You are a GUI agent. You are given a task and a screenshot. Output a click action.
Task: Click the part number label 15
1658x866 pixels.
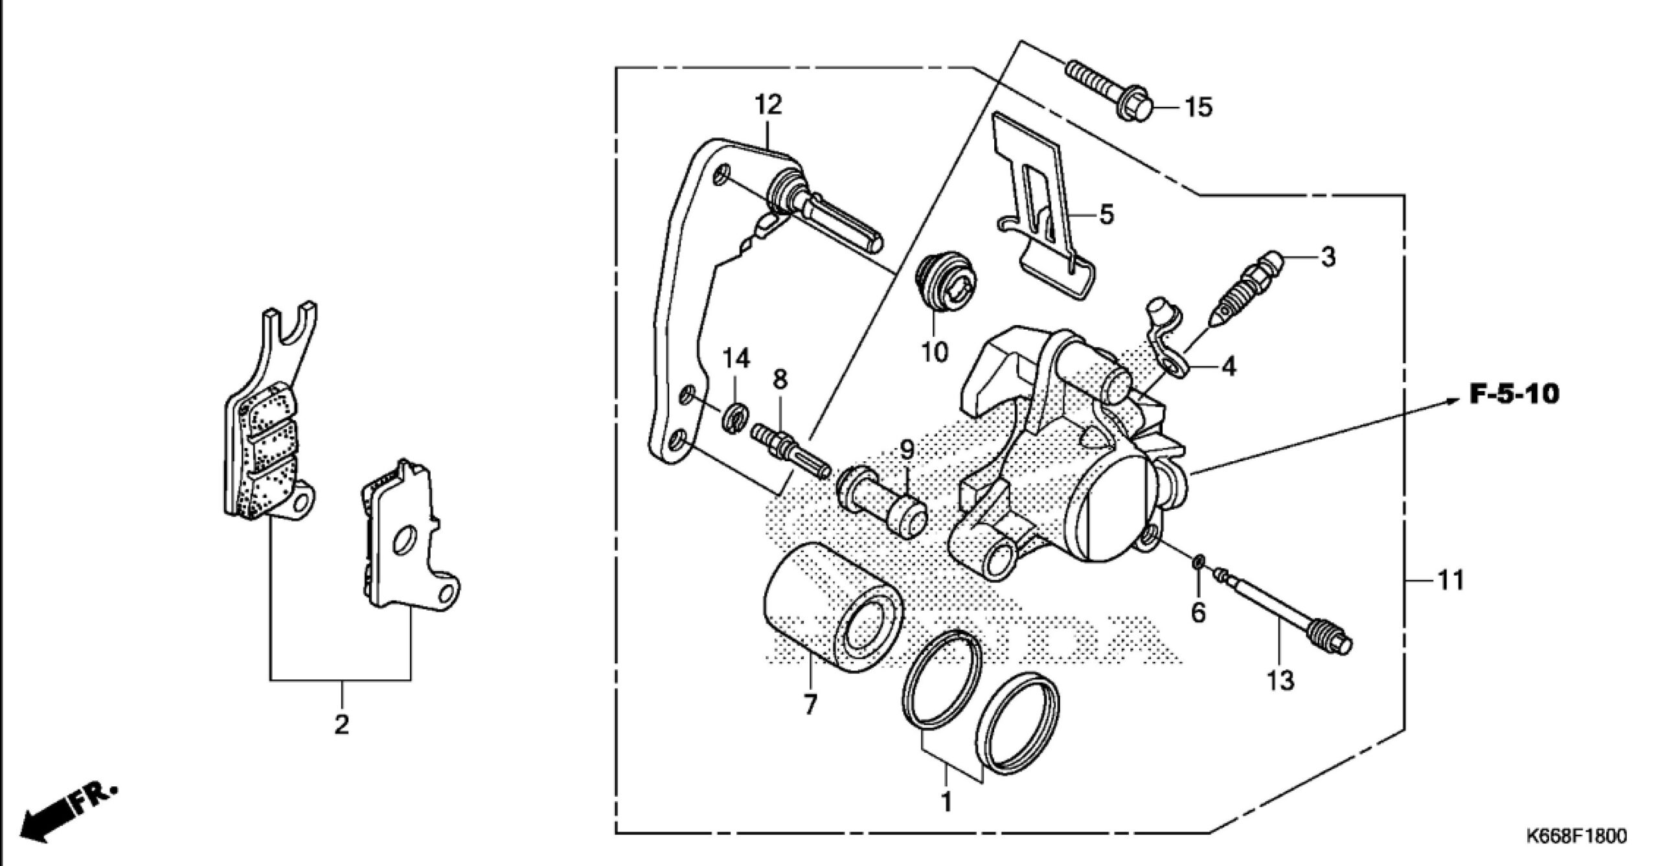(1198, 107)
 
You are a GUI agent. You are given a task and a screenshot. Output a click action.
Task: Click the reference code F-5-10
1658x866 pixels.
(1514, 394)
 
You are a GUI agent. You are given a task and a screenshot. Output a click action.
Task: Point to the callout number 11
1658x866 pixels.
(1451, 580)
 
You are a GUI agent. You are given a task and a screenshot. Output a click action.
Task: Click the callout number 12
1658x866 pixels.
(768, 105)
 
